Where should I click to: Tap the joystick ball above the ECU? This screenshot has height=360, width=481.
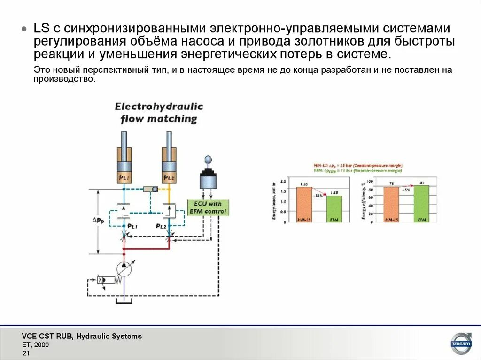208,160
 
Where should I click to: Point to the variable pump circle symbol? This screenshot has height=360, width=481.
124,269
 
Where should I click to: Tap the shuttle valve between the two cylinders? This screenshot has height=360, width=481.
151,189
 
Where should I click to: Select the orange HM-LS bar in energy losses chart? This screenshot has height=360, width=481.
304,204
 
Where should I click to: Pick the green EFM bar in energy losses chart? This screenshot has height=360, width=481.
334,208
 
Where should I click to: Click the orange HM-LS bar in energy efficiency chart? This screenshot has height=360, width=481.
391,204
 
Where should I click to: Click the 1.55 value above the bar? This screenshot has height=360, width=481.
304,184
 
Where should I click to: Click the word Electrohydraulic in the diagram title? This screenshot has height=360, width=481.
159,107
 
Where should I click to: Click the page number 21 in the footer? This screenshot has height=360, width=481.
26,353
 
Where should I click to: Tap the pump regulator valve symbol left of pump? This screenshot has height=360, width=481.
107,280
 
